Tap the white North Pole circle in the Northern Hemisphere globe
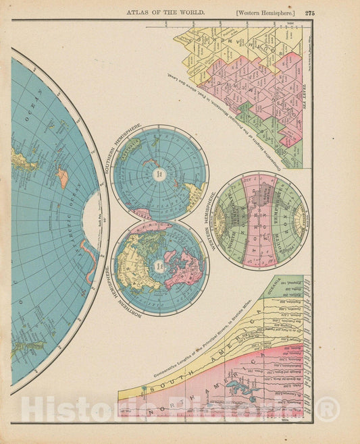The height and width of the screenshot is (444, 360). coord(159,267)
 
